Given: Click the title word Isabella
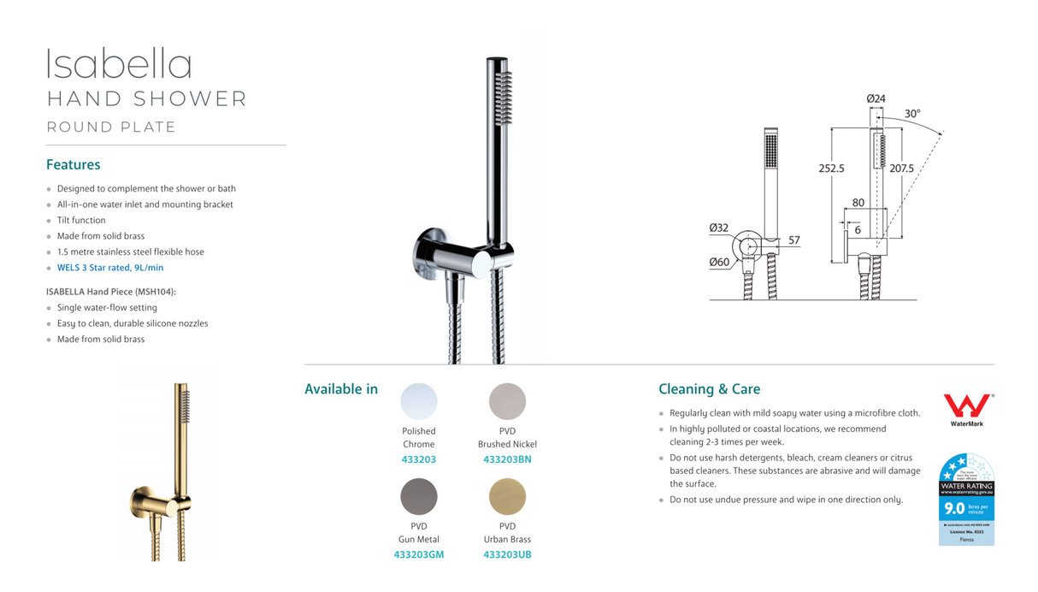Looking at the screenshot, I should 119,65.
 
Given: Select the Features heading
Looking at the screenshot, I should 73,164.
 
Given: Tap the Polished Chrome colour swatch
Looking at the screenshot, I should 419,401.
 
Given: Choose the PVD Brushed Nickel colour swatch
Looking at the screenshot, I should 507,401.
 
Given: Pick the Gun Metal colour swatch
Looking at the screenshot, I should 419,496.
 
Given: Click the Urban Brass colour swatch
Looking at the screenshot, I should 507,496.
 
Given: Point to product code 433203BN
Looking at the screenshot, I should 507,459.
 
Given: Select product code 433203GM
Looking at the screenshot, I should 419,554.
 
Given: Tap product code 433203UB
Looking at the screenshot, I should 507,554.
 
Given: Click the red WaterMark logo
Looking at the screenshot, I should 967,406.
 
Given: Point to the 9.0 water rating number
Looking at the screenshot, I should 954,508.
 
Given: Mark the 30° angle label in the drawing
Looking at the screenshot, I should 912,114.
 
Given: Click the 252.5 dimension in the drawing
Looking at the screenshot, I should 831,169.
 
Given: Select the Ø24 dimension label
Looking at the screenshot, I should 876,99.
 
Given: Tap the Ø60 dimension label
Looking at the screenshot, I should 719,263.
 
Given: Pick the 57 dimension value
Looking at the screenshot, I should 794,240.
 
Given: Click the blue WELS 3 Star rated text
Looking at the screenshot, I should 110,268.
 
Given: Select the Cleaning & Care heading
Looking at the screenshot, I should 709,389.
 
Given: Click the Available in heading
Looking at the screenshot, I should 341,389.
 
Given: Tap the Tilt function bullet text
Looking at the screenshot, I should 81,220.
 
